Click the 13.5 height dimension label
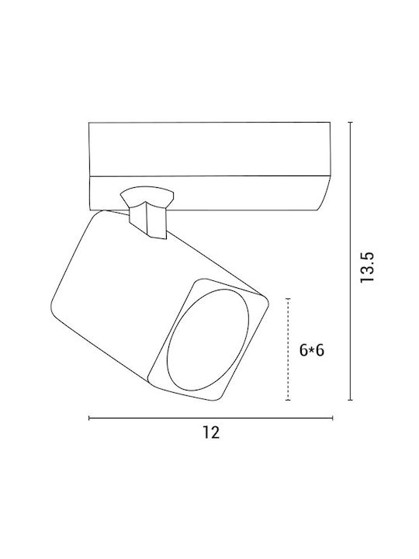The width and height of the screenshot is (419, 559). click(367, 267)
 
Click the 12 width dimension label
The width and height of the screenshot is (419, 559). click(211, 432)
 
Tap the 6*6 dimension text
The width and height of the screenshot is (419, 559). click(312, 350)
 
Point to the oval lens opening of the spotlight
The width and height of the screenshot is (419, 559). click(208, 340)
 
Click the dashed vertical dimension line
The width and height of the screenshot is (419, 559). click(288, 349)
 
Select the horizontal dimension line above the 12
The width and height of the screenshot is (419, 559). click(210, 418)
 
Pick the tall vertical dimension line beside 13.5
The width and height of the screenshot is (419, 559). click(351, 261)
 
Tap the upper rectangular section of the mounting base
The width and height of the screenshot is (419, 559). click(209, 149)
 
